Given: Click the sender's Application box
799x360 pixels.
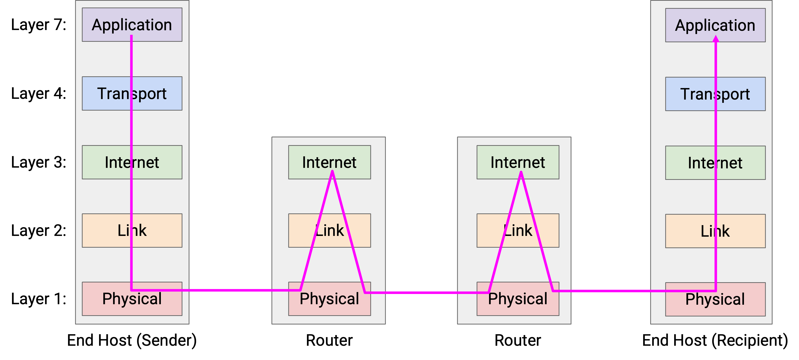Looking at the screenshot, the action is coord(132,25).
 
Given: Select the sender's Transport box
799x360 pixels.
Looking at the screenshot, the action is coord(132,93).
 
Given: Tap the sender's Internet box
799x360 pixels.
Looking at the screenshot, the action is coord(132,162).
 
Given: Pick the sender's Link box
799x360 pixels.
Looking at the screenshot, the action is coord(132,230).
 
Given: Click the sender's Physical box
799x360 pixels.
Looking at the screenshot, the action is coord(132,299).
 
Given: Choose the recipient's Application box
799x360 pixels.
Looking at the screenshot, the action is coord(715,25).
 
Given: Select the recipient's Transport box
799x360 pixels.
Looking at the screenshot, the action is coord(715,94).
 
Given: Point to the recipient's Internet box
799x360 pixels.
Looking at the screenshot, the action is coord(715,163).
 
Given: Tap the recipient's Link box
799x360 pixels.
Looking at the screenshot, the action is coord(715,231).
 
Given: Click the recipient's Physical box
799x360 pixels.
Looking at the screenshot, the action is coord(715,299).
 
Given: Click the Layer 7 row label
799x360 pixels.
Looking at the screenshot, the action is coord(39,25).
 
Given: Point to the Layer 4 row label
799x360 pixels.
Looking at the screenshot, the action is coord(39,94).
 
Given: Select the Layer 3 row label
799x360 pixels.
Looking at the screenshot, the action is coord(39,162).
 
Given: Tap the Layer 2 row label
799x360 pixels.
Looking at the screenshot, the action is coord(39,231).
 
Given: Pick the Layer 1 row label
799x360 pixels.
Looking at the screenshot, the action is coord(39,299).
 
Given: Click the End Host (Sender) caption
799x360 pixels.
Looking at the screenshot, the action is coord(132,340).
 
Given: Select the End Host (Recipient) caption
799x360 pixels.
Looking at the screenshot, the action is coord(715,340).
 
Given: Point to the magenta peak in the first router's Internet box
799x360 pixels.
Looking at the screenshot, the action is coord(332,171).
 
